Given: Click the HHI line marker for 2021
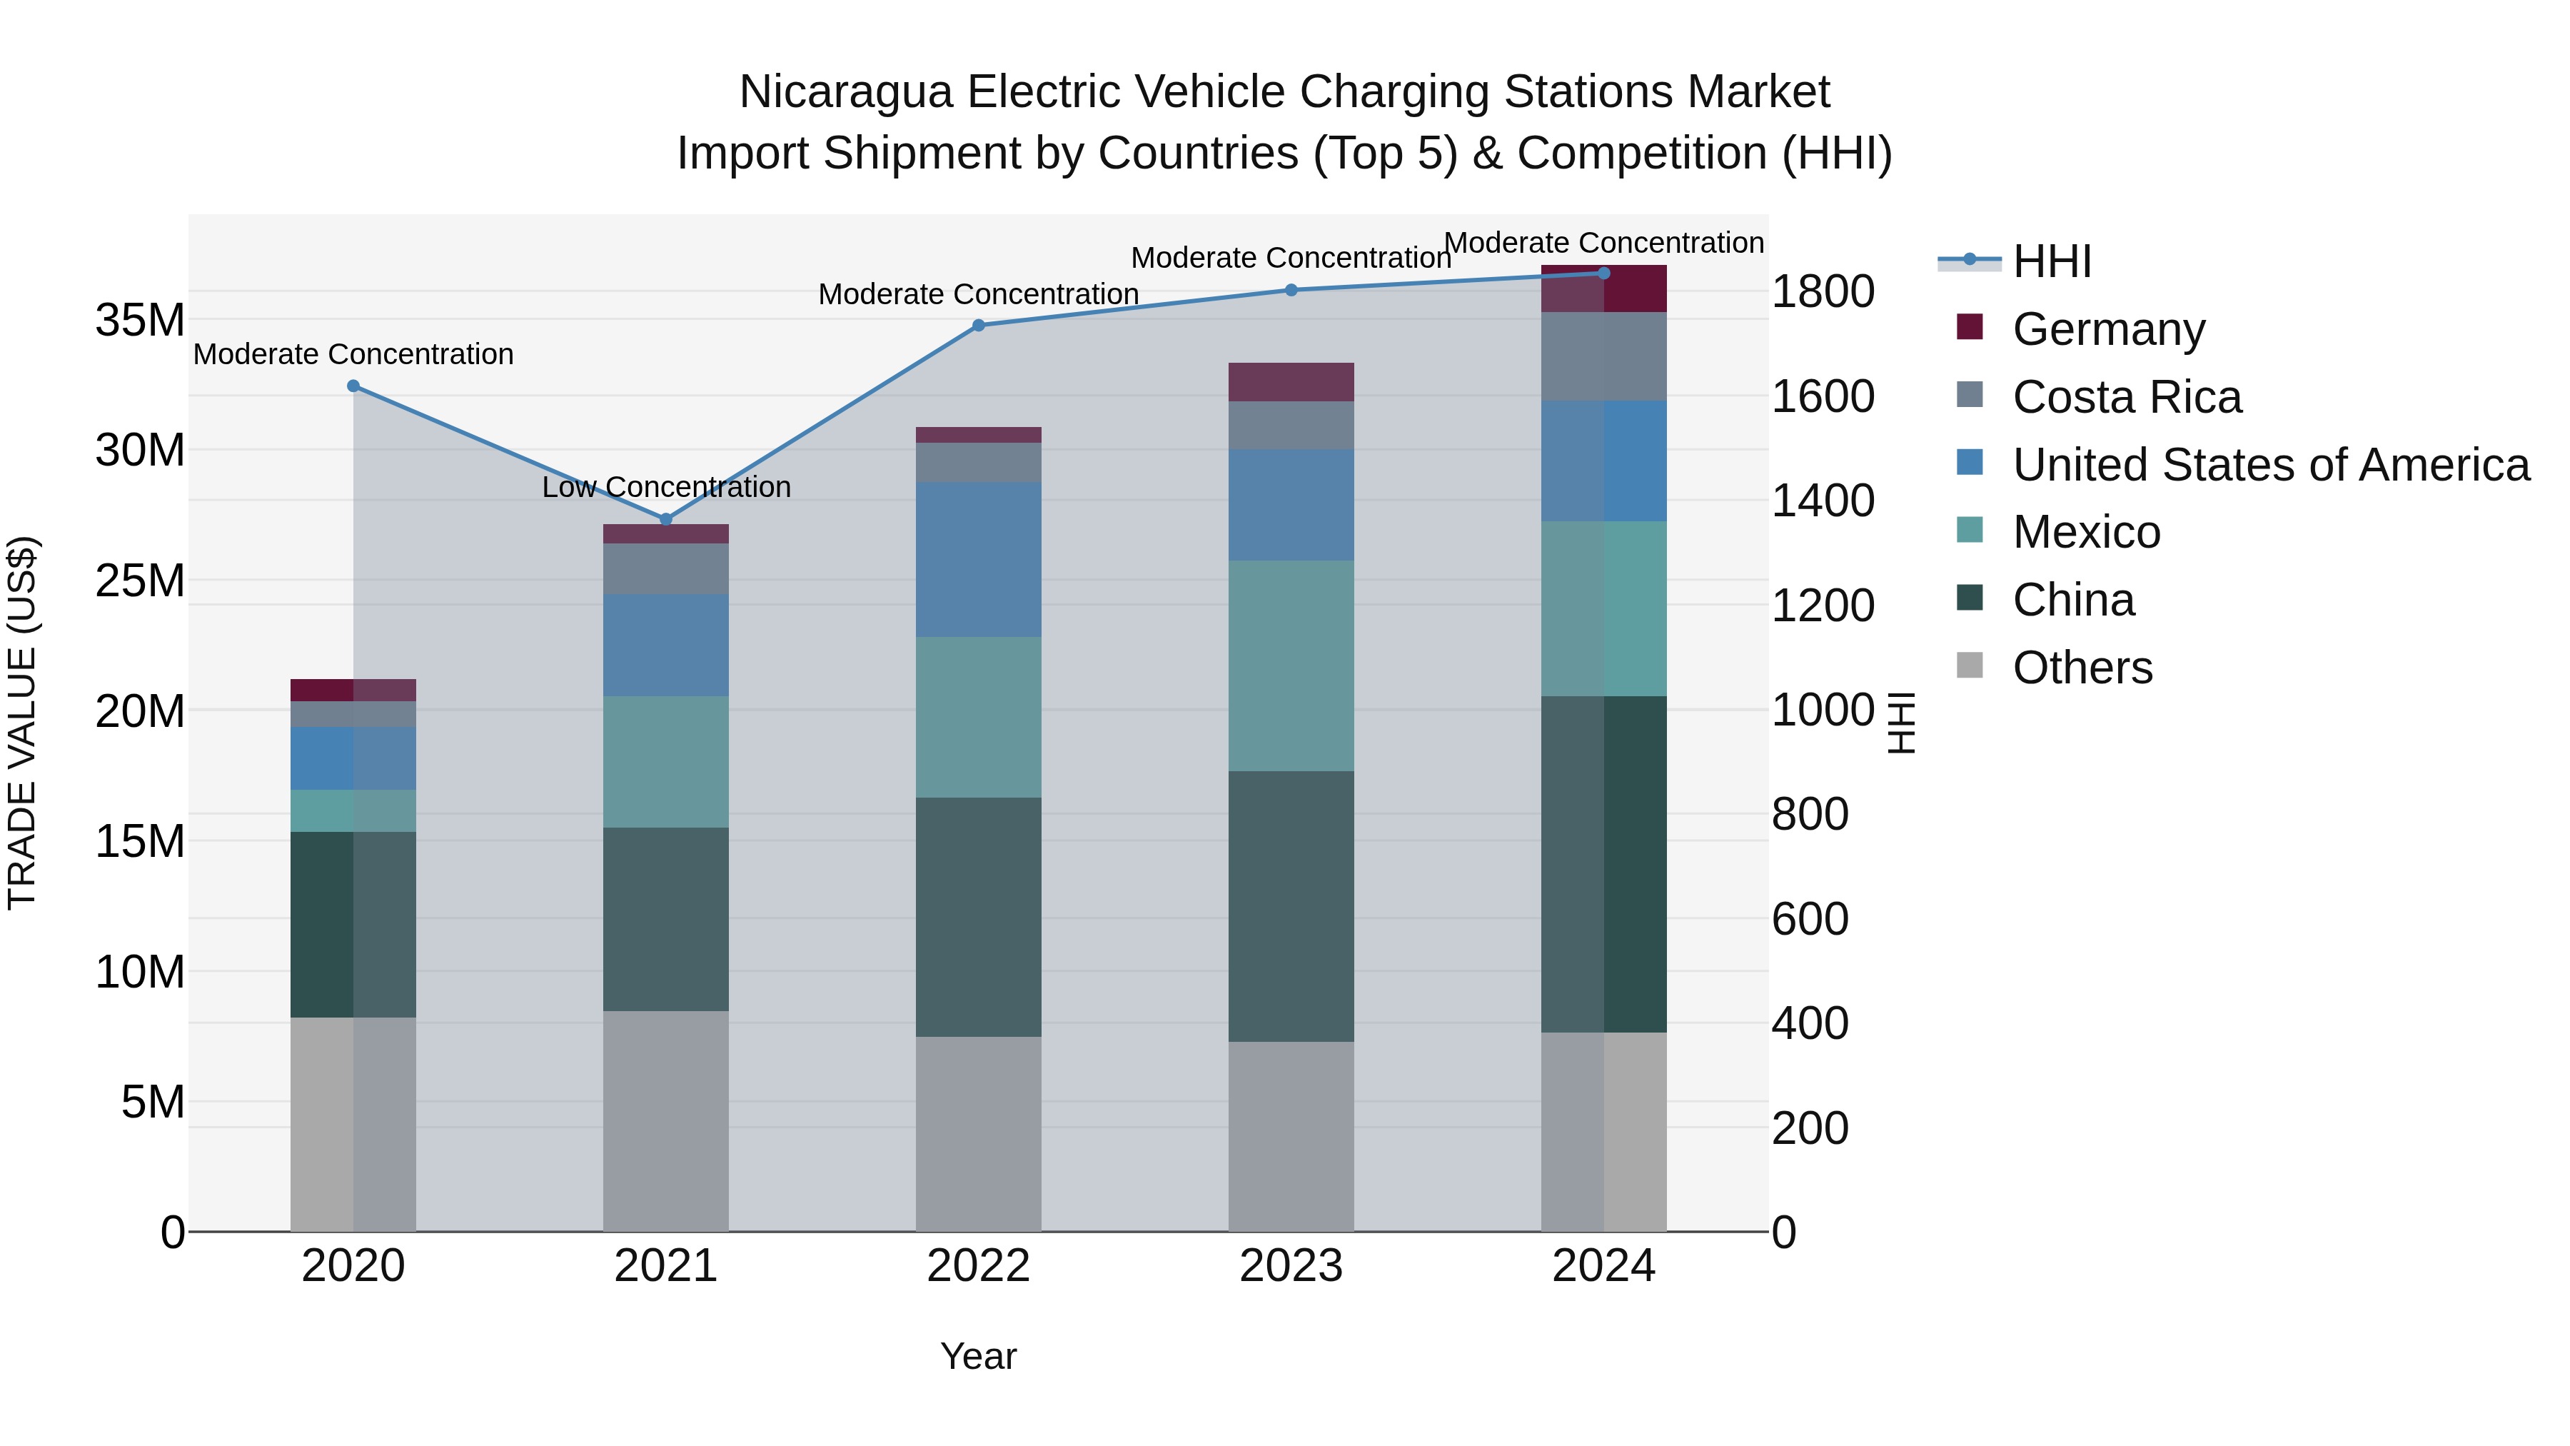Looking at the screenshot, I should coord(667,519).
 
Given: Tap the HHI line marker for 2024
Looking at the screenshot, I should coord(1603,273).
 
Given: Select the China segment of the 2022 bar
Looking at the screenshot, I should coord(978,916).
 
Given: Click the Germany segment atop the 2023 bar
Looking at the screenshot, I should coord(1290,382).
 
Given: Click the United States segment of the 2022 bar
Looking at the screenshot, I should coord(978,559).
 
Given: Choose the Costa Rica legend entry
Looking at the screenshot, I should coord(2126,397).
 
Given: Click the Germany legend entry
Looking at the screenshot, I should coord(2108,329).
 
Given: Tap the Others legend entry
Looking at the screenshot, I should coord(2082,668).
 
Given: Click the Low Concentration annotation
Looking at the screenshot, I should coord(667,487).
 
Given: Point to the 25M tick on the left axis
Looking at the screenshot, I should coord(140,581).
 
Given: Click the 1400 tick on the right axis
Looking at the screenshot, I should coord(1822,501).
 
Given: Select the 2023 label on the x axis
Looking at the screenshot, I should coord(1290,1266).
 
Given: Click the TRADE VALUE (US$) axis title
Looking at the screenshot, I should coord(22,723).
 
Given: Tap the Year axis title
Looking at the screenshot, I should coord(978,1356).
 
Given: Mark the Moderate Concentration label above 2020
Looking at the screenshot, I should coord(353,354).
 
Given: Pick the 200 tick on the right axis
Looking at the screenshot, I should coord(1809,1128).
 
